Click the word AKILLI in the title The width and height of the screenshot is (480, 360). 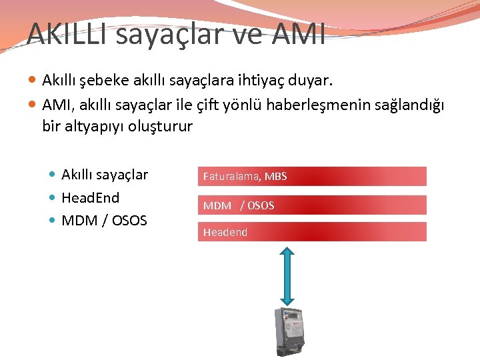pyautogui.click(x=67, y=33)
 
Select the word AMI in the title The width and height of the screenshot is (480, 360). pyautogui.click(x=299, y=33)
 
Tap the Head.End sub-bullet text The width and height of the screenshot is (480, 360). pyautogui.click(x=90, y=198)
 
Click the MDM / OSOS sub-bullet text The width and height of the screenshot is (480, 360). pyautogui.click(x=104, y=220)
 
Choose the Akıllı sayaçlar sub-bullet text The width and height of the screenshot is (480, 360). pyautogui.click(x=105, y=175)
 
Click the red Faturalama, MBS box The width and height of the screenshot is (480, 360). pyautogui.click(x=312, y=176)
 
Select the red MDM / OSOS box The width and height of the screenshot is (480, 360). pyautogui.click(x=312, y=205)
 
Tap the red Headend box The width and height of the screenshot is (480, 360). pyautogui.click(x=312, y=232)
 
